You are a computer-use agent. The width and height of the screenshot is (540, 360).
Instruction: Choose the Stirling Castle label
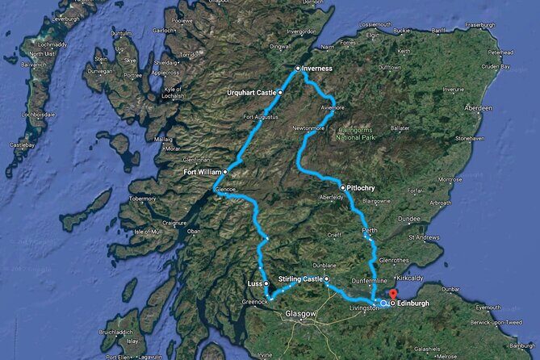click(299, 278)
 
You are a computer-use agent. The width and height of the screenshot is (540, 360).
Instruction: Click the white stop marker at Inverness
click(298, 68)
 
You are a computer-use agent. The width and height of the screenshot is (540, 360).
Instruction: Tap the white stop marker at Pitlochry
click(343, 187)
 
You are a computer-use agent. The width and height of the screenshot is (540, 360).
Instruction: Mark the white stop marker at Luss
click(266, 284)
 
